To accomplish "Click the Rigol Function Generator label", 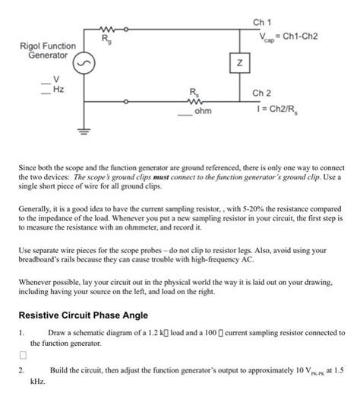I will pyautogui.click(x=47, y=51).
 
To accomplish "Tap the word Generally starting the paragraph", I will pyautogui.click(x=37, y=207).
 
